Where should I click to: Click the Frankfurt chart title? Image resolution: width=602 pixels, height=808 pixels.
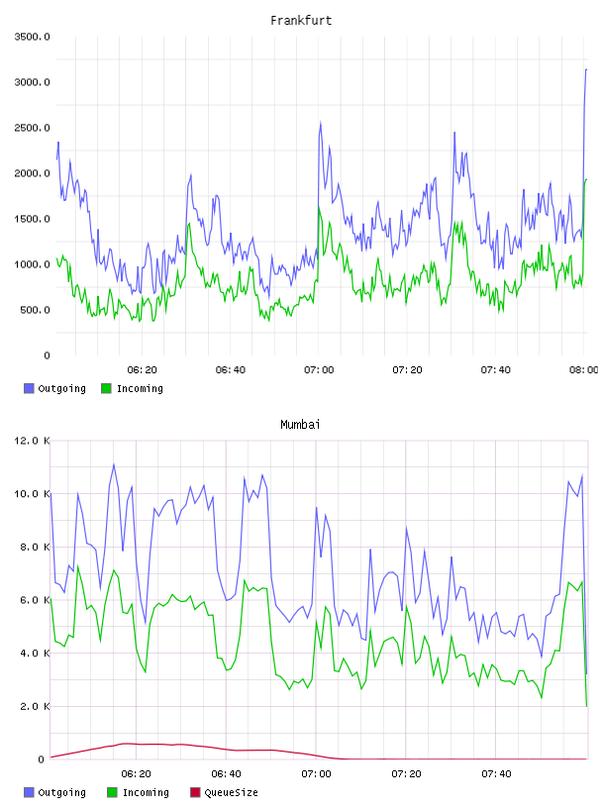[x=301, y=21]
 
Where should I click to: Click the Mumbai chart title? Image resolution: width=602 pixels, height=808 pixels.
[x=300, y=425]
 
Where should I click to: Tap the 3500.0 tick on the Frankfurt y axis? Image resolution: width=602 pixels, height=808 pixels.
[x=33, y=37]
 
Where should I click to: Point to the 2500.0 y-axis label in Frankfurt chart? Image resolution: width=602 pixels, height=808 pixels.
[x=33, y=128]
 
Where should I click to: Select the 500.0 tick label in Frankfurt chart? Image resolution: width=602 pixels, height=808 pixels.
[x=35, y=310]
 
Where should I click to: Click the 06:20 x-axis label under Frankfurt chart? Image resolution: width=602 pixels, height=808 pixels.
[x=143, y=369]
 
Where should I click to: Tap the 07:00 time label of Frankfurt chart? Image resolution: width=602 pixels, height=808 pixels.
[x=319, y=369]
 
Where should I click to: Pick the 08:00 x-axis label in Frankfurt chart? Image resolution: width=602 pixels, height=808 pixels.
[x=584, y=369]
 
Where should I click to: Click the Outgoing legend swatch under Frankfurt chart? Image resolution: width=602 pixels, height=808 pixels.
[x=29, y=388]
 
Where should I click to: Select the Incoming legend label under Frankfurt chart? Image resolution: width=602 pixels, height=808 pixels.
[x=140, y=388]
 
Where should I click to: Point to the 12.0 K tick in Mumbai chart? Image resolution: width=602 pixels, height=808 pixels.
[x=32, y=441]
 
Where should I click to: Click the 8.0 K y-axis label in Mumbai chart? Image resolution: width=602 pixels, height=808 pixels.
[x=35, y=547]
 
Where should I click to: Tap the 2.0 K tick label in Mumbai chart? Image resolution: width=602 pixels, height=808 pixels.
[x=35, y=706]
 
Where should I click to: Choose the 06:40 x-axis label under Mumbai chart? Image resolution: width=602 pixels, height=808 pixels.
[x=227, y=773]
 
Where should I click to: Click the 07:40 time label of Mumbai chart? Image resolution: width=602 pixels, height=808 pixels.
[x=496, y=773]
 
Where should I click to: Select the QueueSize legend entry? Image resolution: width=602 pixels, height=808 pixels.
[x=224, y=792]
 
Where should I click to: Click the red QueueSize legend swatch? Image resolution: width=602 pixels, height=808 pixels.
[x=195, y=792]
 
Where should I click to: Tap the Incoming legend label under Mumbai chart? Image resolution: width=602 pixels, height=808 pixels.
[x=146, y=792]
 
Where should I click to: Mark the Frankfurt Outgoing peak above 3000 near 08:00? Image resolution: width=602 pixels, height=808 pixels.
[x=585, y=69]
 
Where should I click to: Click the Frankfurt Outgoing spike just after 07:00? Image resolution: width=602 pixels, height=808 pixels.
[x=321, y=123]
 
